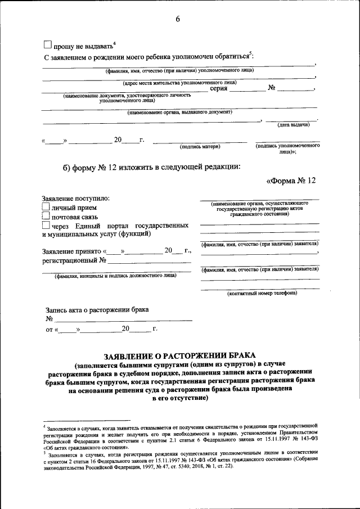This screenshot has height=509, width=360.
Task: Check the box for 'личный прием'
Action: click(46, 207)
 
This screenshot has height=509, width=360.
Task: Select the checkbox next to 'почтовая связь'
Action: click(46, 216)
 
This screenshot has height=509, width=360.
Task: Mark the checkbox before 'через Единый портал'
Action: click(46, 225)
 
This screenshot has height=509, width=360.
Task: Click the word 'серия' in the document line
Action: click(219, 88)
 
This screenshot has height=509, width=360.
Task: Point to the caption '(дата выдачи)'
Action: click(293, 125)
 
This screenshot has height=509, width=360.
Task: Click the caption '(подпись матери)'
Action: click(200, 147)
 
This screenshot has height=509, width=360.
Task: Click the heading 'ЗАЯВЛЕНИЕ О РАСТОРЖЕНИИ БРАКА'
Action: click(179, 355)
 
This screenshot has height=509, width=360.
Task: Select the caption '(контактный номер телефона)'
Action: click(262, 293)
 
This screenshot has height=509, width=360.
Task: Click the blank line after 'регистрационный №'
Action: click(149, 261)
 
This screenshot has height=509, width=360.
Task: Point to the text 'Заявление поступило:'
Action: click(76, 198)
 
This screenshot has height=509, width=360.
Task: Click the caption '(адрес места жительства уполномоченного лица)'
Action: click(179, 83)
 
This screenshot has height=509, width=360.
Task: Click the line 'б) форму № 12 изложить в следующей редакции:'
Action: click(151, 166)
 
